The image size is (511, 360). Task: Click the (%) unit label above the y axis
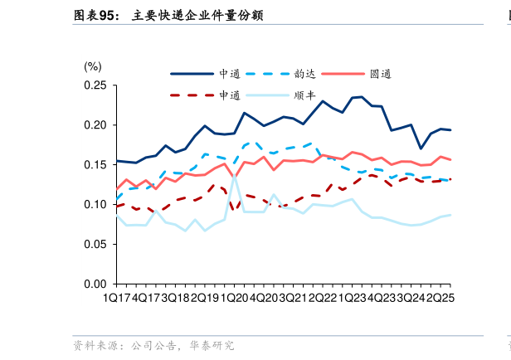[x=93, y=66]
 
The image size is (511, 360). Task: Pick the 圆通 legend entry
[x=381, y=73]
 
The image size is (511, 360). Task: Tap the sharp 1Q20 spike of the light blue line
[x=235, y=175]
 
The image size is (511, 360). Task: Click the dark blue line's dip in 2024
[x=421, y=149]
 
